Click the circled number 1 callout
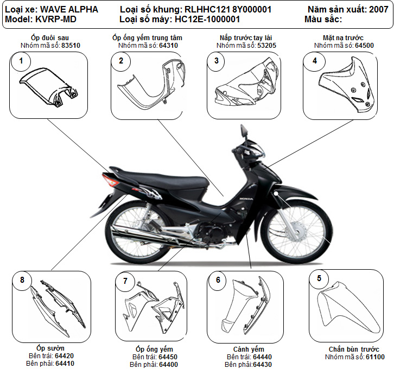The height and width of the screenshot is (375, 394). click(x=21, y=61)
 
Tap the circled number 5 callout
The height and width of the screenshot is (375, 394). click(x=319, y=278)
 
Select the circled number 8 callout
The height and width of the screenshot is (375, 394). click(x=22, y=280)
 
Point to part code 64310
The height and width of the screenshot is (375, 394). click(x=169, y=46)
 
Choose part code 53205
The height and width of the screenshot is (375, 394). click(x=266, y=46)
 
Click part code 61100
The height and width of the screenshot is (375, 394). click(x=375, y=357)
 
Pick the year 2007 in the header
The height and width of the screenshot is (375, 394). click(x=378, y=9)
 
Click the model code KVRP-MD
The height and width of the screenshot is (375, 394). click(x=56, y=19)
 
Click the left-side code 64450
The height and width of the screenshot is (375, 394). click(x=167, y=357)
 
